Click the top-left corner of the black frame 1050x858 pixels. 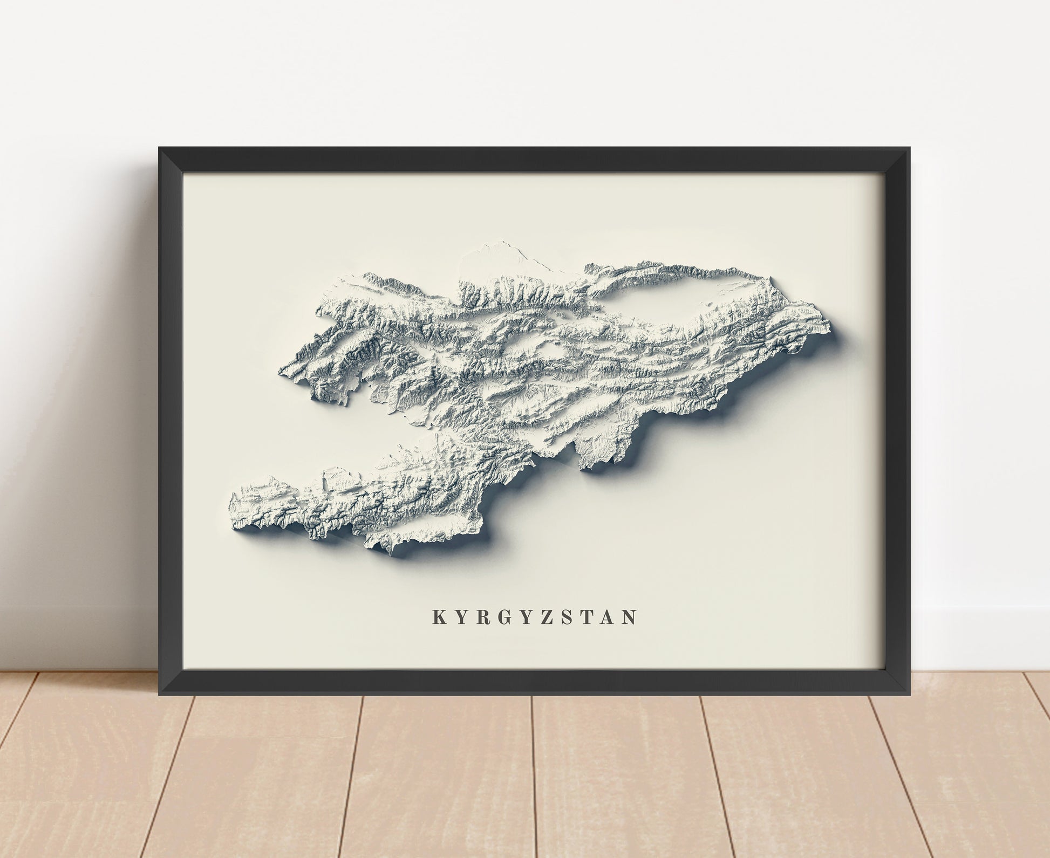[160, 148]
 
